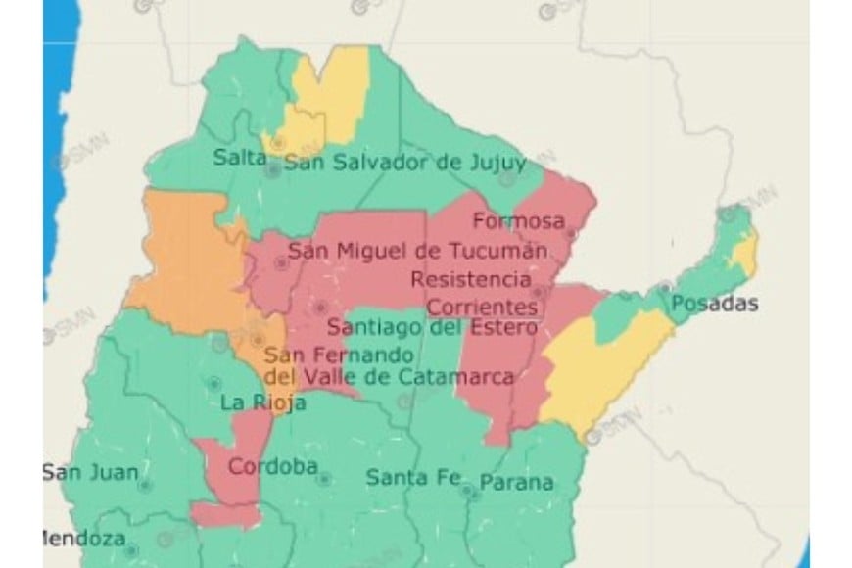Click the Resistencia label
[475, 279]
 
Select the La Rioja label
[263, 402]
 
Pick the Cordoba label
[273, 466]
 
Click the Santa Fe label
[411, 478]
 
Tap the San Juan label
[90, 471]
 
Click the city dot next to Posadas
[665, 288]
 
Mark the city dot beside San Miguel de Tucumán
[282, 262]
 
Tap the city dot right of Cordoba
[323, 479]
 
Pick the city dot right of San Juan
[145, 484]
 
